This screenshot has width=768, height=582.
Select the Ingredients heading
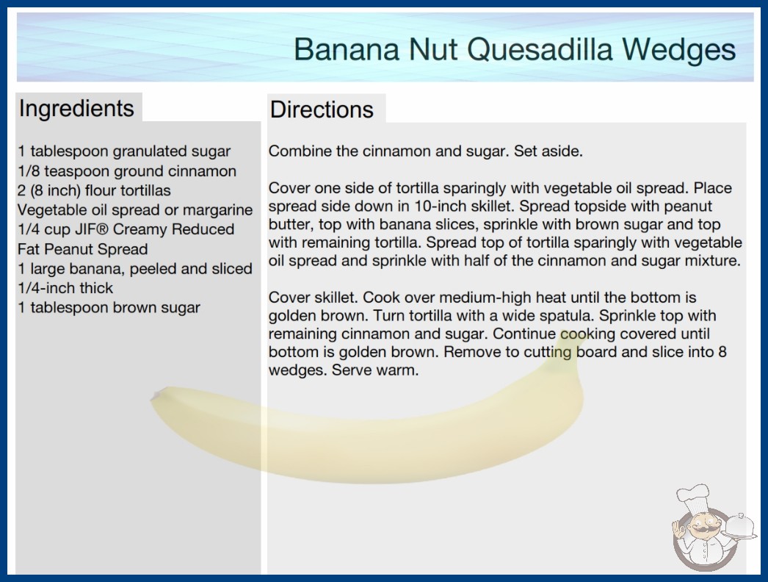pyautogui.click(x=76, y=109)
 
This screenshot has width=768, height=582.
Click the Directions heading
pyautogui.click(x=322, y=109)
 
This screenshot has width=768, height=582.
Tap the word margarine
pyautogui.click(x=217, y=210)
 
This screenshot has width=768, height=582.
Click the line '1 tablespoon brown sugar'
pyautogui.click(x=109, y=308)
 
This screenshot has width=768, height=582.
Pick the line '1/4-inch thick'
pyautogui.click(x=65, y=288)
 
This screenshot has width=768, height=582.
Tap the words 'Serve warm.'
pyautogui.click(x=375, y=370)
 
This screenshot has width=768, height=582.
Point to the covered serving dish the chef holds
pyautogui.click(x=739, y=527)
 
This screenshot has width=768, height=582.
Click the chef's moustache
pyautogui.click(x=700, y=531)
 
